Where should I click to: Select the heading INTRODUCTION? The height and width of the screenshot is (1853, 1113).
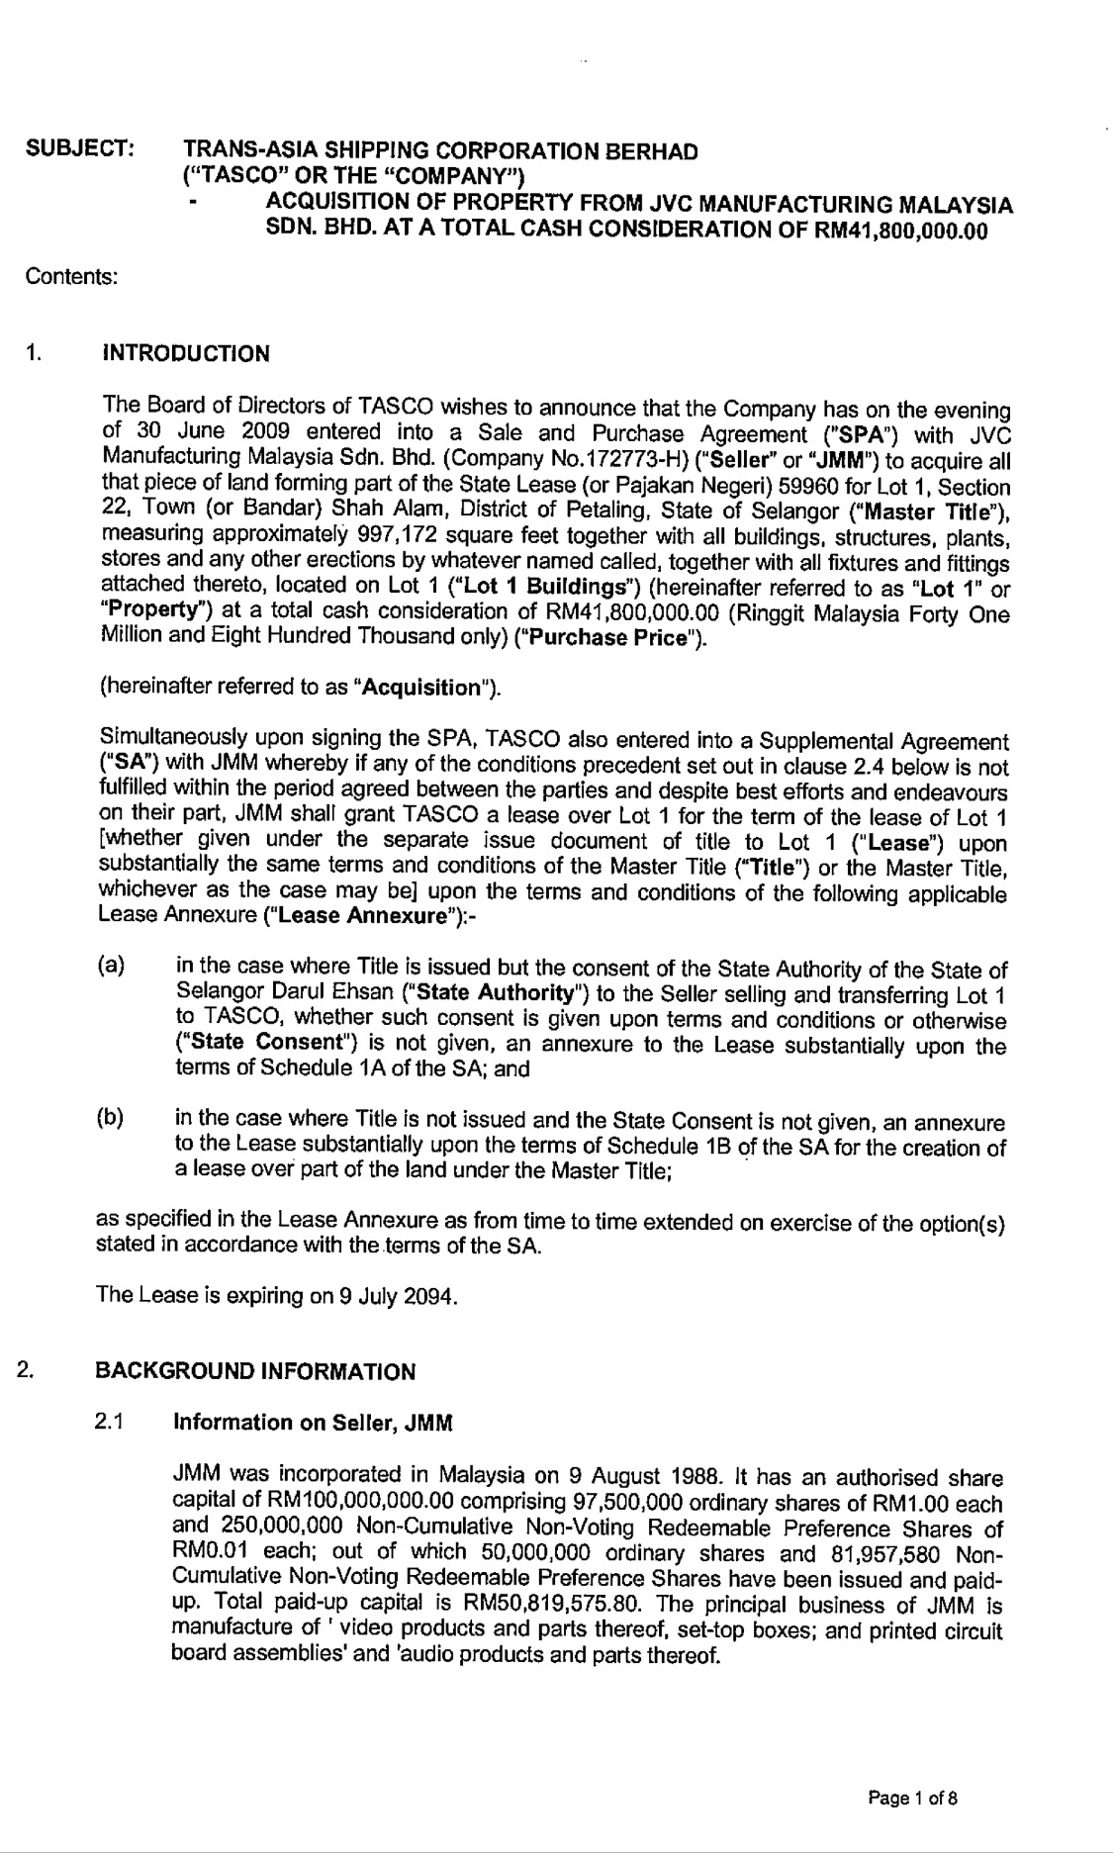pos(186,354)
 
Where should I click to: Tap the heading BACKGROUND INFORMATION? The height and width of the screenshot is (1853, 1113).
pos(255,1371)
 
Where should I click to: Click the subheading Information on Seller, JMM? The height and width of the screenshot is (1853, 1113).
pos(313,1423)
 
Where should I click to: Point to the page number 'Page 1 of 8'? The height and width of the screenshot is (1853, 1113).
pos(912,1799)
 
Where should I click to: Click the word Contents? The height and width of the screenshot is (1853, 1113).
pos(72,276)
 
